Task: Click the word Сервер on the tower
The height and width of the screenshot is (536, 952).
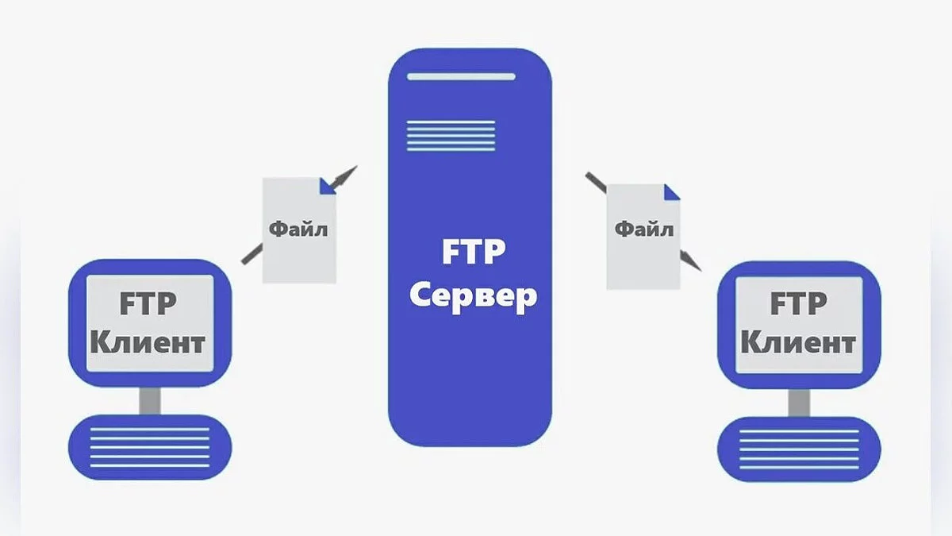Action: click(472, 297)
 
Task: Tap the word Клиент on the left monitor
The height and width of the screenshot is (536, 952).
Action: click(148, 343)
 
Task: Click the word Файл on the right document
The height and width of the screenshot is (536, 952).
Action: click(643, 230)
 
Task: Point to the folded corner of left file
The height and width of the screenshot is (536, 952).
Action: click(328, 186)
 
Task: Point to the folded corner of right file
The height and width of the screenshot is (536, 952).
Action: click(672, 191)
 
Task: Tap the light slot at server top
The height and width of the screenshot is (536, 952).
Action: click(460, 77)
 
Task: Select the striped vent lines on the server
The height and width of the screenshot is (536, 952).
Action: click(451, 135)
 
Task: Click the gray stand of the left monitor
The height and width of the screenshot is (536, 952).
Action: click(149, 401)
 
